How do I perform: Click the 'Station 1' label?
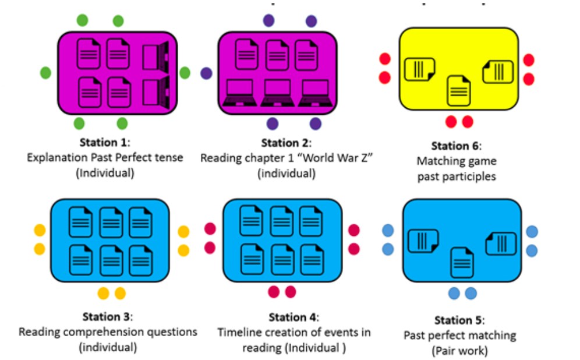pos(104,143)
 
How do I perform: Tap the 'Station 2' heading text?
pos(286,143)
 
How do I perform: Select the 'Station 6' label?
pos(455,146)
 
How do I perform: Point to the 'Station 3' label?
pos(107,317)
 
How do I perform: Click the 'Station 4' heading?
pos(293,317)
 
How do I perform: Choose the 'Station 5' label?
pos(459,320)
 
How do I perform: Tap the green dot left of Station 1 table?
pos(45,73)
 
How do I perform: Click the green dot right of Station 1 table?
pos(185,73)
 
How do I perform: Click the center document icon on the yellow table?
pos(458,90)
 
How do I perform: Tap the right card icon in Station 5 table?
pos(500,242)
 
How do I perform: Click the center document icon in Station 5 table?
pos(462,262)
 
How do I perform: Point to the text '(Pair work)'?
pos(459,351)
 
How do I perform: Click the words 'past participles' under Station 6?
pos(456,176)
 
